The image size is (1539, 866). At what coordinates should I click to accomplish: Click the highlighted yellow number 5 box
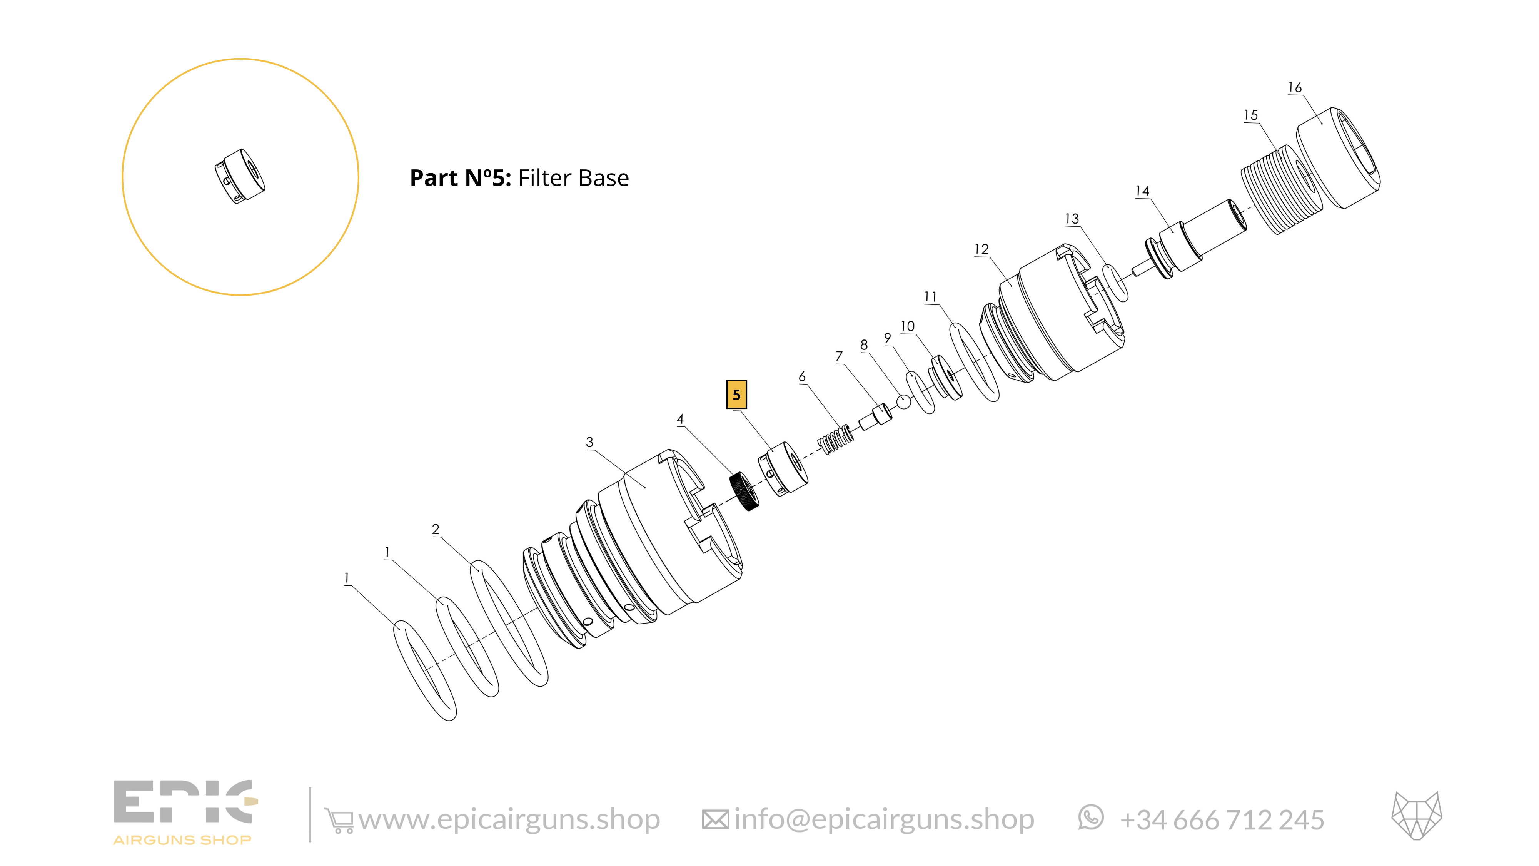[x=736, y=395]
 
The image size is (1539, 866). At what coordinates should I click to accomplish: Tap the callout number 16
[x=1295, y=88]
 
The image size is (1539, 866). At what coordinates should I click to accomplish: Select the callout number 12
[x=981, y=249]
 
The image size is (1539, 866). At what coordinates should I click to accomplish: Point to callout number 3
[x=590, y=442]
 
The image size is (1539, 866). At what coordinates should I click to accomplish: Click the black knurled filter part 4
[x=745, y=491]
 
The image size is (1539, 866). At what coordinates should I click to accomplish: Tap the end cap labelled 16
[x=1338, y=158]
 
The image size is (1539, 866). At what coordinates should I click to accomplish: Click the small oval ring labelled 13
[x=1115, y=283]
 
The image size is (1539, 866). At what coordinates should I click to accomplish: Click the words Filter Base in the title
[x=574, y=178]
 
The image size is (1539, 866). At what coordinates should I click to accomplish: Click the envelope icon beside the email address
[x=715, y=820]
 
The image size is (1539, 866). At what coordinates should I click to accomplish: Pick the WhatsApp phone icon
[x=1091, y=818]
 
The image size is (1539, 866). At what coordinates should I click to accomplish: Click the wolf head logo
[x=1417, y=816]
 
